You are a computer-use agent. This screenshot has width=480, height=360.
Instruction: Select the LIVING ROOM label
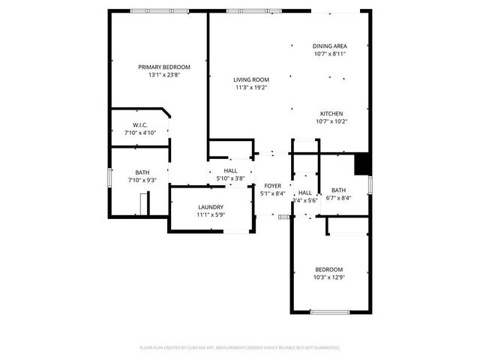(x=250, y=79)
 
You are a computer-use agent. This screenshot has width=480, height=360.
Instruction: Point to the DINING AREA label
(x=329, y=46)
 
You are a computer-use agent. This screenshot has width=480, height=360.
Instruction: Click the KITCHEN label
(x=331, y=113)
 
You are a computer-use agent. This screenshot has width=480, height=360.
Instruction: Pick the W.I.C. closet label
(x=139, y=124)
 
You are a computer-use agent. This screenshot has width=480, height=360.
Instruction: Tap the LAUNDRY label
(x=211, y=207)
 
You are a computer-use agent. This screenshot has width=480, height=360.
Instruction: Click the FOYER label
(x=272, y=185)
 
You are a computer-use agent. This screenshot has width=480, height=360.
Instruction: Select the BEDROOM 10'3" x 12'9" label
(x=328, y=269)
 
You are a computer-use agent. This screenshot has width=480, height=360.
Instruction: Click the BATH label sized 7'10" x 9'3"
(x=142, y=172)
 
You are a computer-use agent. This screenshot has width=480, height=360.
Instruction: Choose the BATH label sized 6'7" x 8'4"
(x=338, y=190)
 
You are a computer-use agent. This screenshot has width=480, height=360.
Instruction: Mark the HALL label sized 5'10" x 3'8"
(x=230, y=171)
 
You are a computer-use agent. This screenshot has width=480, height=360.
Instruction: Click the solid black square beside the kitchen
(x=363, y=163)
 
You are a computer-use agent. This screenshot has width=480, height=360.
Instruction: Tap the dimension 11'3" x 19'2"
(x=250, y=88)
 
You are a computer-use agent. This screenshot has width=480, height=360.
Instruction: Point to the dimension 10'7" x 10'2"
(x=331, y=121)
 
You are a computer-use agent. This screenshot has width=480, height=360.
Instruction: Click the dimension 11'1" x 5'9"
(x=211, y=215)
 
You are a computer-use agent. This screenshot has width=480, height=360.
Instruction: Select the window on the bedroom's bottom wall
(x=331, y=312)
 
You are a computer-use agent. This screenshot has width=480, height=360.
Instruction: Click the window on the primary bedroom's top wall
(x=158, y=10)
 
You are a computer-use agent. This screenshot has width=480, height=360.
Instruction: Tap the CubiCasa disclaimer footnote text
(x=240, y=348)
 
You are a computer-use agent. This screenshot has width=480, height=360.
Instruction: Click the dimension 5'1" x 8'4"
(x=272, y=193)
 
